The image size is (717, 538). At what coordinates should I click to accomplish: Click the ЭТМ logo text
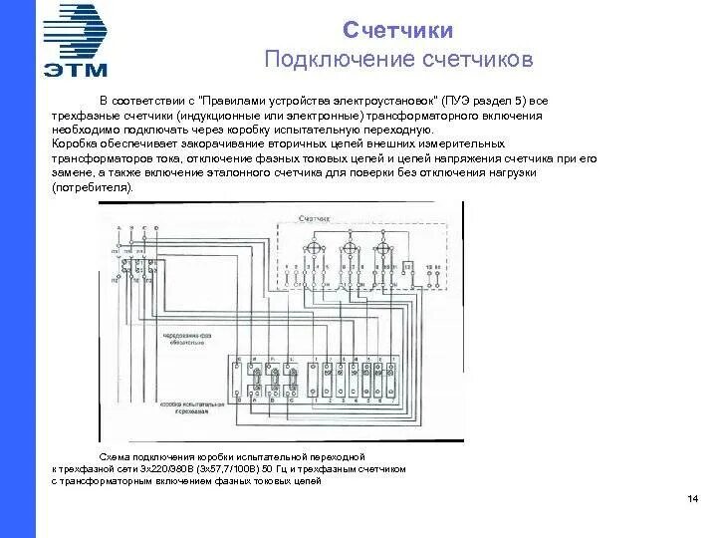76,69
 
